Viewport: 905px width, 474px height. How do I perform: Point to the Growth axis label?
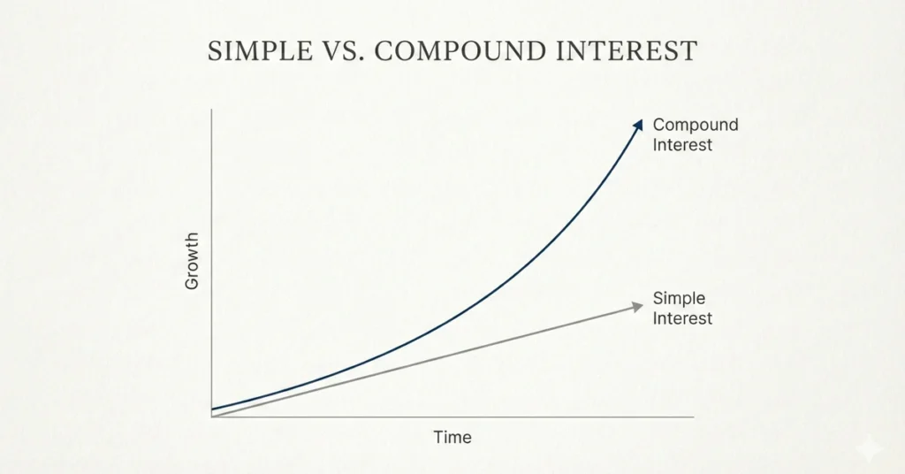tap(193, 261)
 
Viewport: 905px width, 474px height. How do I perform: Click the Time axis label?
tap(452, 437)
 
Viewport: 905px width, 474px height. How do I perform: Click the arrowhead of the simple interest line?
tap(638, 306)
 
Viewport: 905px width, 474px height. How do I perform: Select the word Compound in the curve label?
tap(696, 125)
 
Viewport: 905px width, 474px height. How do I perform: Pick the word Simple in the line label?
tap(679, 299)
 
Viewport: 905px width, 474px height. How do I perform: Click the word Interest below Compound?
tap(682, 144)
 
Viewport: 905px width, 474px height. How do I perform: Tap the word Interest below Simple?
tap(682, 318)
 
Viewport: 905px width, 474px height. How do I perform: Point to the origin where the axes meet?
tap(212, 417)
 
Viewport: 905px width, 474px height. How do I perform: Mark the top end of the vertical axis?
tap(212, 110)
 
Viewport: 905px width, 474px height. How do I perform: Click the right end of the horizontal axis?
tap(693, 417)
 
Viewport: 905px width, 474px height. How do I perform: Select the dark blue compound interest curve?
tap(495, 292)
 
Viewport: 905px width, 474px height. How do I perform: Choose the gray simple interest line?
tap(424, 363)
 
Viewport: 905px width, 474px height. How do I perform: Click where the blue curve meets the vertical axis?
tap(212, 409)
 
